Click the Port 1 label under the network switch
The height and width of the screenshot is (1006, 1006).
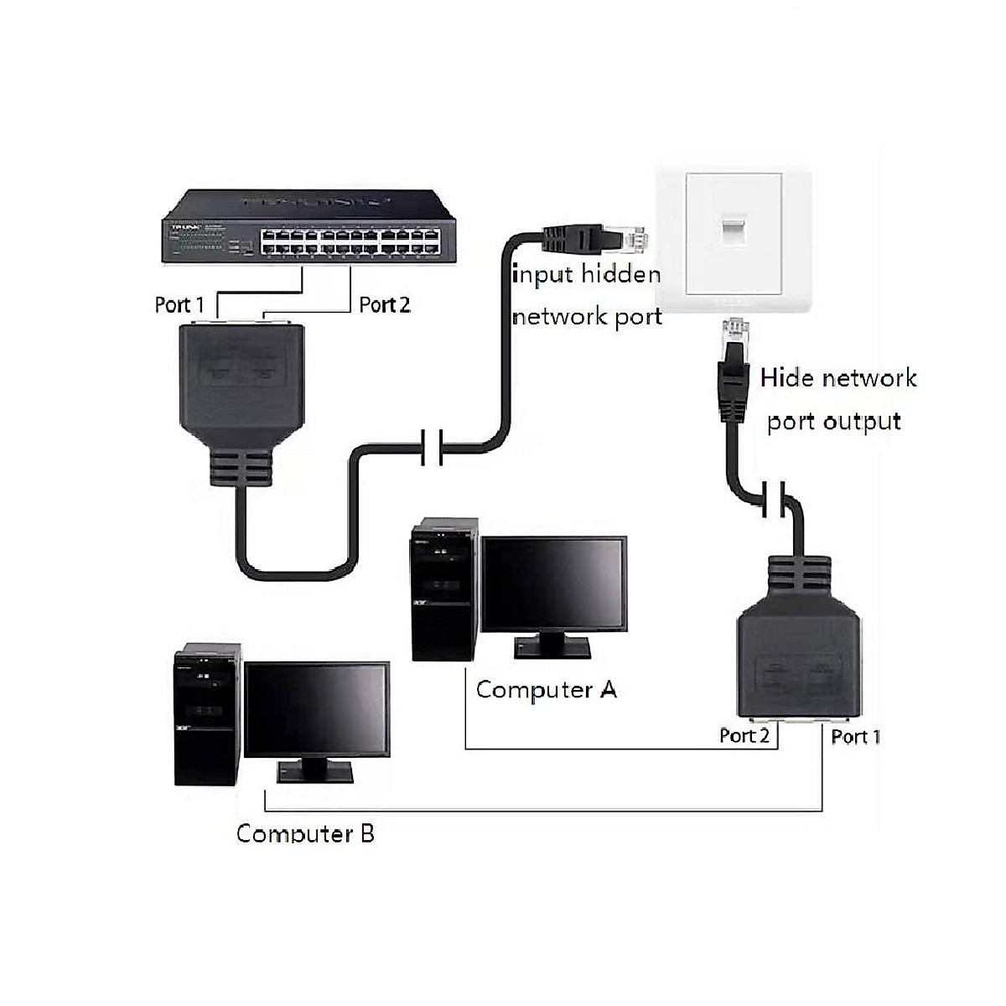[x=179, y=304]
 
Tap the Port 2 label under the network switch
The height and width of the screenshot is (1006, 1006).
[x=385, y=304]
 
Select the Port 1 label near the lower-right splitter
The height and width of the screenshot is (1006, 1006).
[x=856, y=736]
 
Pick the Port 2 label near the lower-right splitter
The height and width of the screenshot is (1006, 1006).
[x=744, y=735]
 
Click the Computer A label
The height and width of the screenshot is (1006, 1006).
[x=547, y=690]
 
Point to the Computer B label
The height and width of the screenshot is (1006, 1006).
[x=305, y=833]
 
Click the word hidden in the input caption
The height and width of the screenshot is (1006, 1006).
[x=620, y=274]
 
